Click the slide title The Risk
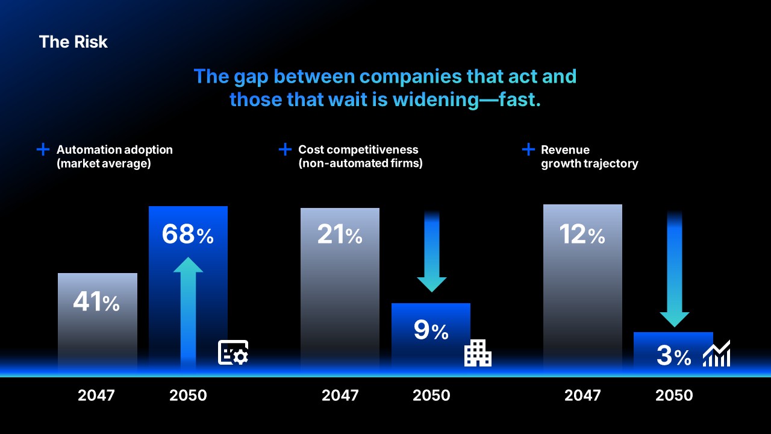73,42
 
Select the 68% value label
187,235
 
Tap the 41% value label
96,303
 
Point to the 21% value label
340,235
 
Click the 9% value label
431,330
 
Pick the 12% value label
582,235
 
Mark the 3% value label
673,357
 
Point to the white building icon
478,353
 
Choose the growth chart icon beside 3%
716,354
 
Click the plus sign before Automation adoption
43,149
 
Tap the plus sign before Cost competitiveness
285,149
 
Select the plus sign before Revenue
528,149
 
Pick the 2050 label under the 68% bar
188,395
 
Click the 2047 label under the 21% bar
340,395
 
